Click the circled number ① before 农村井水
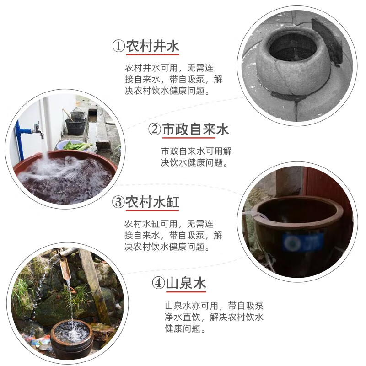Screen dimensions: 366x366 119,47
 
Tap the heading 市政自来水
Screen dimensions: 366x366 195,129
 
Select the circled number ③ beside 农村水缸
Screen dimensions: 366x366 118,202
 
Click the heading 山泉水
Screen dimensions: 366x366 186,283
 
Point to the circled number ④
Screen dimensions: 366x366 158,283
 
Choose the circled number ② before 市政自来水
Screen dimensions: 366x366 155,129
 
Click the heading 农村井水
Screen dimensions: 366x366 153,46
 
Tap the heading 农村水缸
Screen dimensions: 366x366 153,202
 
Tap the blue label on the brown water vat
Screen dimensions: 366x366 303,242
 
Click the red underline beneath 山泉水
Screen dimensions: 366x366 186,292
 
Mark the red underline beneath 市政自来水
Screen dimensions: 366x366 188,138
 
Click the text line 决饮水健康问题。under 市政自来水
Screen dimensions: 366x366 194,162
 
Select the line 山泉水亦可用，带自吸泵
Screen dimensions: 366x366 214,306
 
